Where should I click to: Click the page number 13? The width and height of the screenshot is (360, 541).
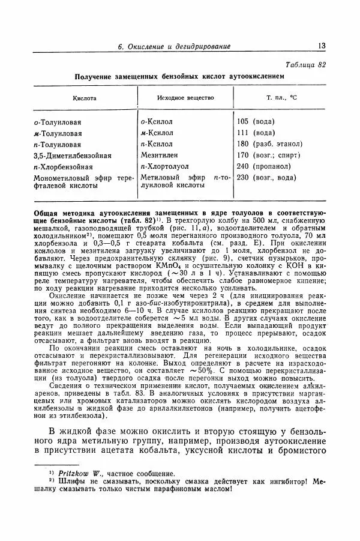tap(322, 46)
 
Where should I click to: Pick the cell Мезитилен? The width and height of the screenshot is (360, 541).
tap(160, 155)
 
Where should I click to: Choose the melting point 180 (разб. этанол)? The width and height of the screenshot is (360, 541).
tap(269, 144)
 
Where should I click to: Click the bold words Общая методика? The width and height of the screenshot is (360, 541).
tap(66, 213)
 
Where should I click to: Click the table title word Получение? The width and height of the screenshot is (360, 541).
tap(95, 77)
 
